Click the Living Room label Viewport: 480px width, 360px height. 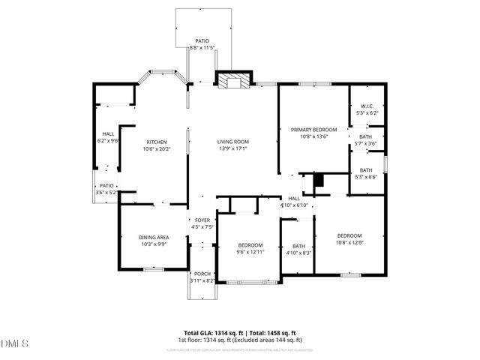tap(233, 142)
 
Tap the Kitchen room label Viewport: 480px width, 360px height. tap(156, 142)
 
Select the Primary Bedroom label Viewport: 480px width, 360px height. tap(313, 130)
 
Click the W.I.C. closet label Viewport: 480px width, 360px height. tap(367, 106)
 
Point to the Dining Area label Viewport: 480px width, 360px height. tap(153, 238)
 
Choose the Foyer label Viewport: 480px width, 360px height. tap(202, 220)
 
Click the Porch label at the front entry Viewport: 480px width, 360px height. tap(202, 274)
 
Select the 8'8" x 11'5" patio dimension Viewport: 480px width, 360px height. tap(202, 48)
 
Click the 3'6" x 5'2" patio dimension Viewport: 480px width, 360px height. tap(104, 193)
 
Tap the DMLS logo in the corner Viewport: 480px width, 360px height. tap(14, 344)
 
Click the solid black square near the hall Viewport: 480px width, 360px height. tap(318, 179)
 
